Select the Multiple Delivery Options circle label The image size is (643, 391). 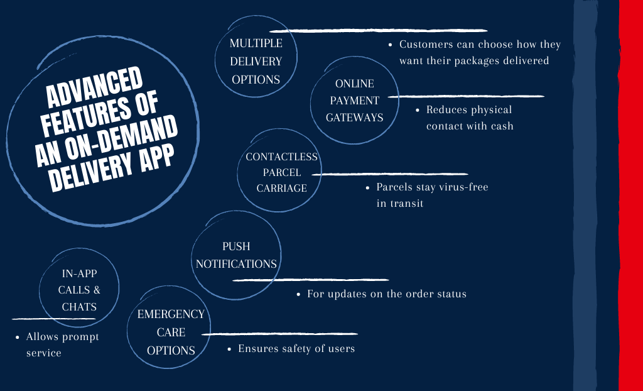[x=256, y=62]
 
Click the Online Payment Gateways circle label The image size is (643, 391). [x=354, y=101]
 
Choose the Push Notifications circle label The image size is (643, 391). [x=236, y=255]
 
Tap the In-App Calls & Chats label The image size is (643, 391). [x=79, y=290]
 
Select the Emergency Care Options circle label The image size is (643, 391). [x=171, y=333]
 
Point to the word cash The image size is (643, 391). [x=500, y=126]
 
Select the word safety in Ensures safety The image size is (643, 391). [x=300, y=348]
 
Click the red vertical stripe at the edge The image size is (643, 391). [x=630, y=196]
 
